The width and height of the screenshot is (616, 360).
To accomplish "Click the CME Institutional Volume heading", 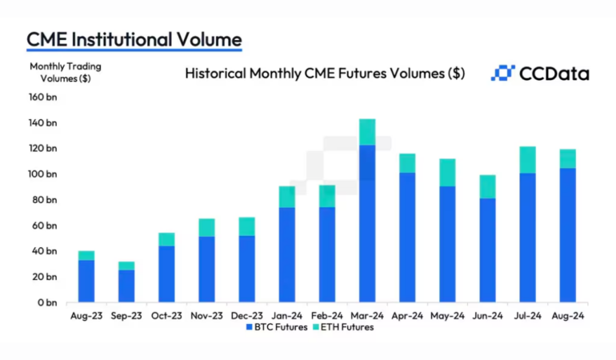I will (x=134, y=38).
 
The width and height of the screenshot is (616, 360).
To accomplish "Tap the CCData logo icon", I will (x=502, y=74).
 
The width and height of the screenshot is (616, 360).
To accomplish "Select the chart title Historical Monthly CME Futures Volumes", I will (x=325, y=74).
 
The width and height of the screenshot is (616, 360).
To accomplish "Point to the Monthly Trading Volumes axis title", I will (x=66, y=72).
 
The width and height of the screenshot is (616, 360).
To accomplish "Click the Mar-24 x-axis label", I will (x=367, y=315).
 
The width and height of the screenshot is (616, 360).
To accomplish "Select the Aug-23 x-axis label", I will (x=86, y=315).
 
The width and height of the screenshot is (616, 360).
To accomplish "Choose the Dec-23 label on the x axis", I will (x=246, y=315).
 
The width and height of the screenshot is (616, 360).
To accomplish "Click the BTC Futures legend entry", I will (x=276, y=327).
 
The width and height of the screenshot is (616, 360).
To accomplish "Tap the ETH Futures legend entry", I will (x=342, y=327).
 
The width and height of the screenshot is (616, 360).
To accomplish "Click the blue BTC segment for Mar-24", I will (x=367, y=224).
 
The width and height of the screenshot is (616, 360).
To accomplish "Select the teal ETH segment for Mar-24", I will (x=367, y=132).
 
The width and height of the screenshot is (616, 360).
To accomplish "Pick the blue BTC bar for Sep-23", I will (x=126, y=286).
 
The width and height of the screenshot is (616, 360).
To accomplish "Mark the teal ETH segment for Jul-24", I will (x=527, y=160).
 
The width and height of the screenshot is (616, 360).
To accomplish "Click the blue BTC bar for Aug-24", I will (x=567, y=235).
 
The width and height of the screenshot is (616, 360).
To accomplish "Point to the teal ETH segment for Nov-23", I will (x=206, y=227).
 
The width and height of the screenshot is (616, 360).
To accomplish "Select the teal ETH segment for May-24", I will (x=447, y=173).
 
